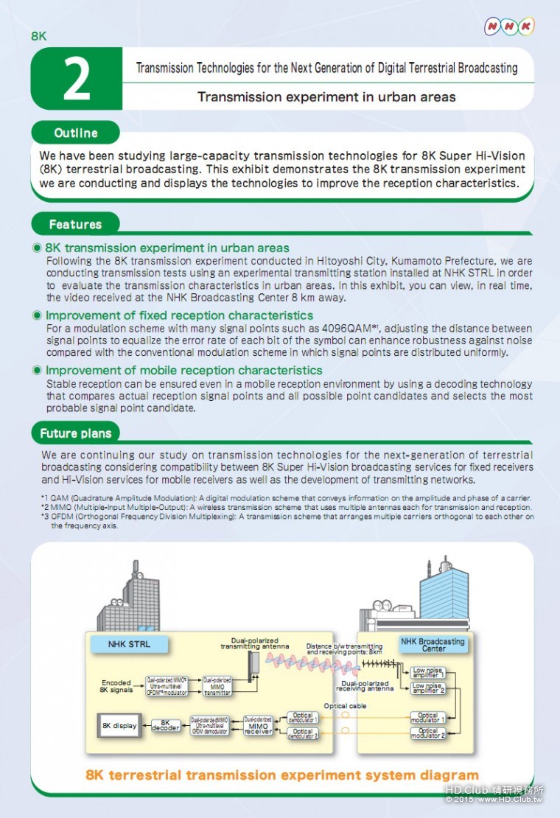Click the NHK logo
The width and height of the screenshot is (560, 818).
click(x=508, y=27)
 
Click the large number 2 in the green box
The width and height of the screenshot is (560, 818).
click(x=76, y=79)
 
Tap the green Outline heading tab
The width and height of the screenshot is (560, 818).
click(x=75, y=133)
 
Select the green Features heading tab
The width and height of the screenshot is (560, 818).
click(x=75, y=224)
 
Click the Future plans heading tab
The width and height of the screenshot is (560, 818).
click(x=76, y=433)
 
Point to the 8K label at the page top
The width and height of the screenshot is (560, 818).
click(x=39, y=35)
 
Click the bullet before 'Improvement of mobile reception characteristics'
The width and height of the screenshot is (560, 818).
click(x=37, y=370)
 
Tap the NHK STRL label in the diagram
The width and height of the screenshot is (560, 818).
click(x=129, y=644)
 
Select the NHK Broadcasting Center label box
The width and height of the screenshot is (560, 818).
click(x=433, y=645)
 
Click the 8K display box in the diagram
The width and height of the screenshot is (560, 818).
click(x=119, y=726)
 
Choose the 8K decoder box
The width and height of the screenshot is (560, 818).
click(x=166, y=726)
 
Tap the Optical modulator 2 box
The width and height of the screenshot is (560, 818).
click(x=428, y=733)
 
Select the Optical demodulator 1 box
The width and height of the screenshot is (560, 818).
click(x=303, y=717)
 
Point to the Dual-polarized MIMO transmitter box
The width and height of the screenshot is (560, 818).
click(x=217, y=685)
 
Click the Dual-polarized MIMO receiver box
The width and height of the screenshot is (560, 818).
click(x=258, y=726)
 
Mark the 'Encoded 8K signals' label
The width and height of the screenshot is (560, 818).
click(x=116, y=686)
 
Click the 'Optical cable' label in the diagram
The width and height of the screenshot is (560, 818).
click(x=345, y=705)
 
